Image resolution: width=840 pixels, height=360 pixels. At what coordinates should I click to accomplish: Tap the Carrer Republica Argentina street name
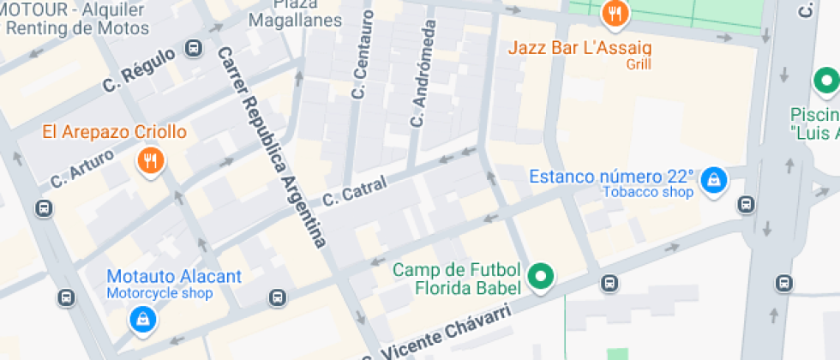click(x=273, y=147)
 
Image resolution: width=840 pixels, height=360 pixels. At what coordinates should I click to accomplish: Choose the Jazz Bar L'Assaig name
click(x=579, y=47)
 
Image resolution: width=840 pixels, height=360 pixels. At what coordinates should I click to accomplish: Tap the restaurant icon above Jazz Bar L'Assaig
click(x=615, y=13)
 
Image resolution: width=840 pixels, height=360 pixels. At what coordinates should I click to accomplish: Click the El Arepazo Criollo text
click(x=114, y=132)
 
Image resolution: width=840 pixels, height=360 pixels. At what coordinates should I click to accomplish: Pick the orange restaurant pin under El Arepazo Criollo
click(x=150, y=159)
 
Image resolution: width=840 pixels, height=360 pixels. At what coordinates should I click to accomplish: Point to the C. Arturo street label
click(x=81, y=169)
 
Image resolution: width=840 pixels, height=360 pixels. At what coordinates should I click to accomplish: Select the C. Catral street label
click(x=355, y=191)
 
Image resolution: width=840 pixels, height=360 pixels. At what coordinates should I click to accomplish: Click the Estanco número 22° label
click(x=611, y=177)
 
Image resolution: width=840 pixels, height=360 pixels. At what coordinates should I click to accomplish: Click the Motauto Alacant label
click(x=174, y=277)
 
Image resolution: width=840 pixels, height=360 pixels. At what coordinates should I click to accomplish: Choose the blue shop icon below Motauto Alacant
click(x=141, y=320)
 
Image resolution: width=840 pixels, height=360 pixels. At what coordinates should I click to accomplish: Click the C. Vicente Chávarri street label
click(x=437, y=335)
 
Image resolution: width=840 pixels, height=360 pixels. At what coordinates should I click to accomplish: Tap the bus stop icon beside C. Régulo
click(x=195, y=49)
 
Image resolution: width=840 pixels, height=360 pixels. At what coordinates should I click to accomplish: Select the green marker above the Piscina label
click(x=826, y=82)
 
